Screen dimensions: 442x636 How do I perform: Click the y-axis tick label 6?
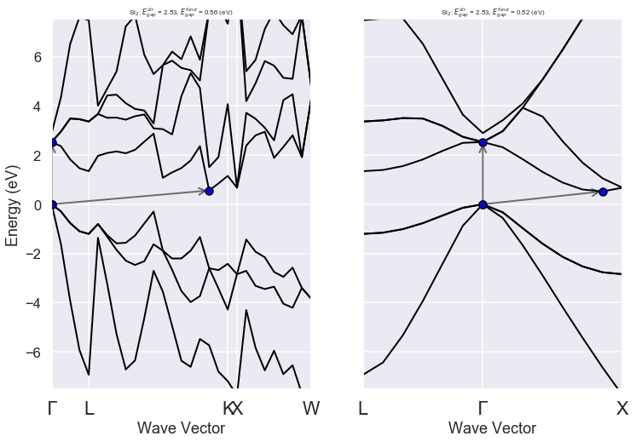(x=38, y=57)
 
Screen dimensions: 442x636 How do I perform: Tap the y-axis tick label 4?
(x=38, y=106)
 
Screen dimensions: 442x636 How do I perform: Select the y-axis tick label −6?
(x=33, y=352)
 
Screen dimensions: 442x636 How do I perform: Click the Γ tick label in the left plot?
(x=53, y=409)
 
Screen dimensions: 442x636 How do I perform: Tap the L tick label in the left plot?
(x=89, y=409)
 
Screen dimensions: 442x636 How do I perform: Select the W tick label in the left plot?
(x=311, y=409)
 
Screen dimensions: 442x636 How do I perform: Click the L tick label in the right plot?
(x=363, y=409)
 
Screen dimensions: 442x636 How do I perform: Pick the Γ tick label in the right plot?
(x=483, y=409)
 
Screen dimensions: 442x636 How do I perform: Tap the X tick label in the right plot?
(x=622, y=409)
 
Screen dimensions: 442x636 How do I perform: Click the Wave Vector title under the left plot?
(x=181, y=428)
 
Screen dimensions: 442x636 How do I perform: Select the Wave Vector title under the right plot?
(x=492, y=428)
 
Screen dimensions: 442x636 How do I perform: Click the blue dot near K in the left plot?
(x=210, y=191)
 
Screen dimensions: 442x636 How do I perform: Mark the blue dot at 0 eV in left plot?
(x=53, y=204)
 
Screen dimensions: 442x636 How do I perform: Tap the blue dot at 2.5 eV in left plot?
(x=53, y=142)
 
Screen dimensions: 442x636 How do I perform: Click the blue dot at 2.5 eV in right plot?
(x=483, y=142)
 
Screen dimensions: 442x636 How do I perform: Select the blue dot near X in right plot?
(x=603, y=192)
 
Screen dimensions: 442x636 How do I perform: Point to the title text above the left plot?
(x=181, y=12)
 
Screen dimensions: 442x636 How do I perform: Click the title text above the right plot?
(x=492, y=12)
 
